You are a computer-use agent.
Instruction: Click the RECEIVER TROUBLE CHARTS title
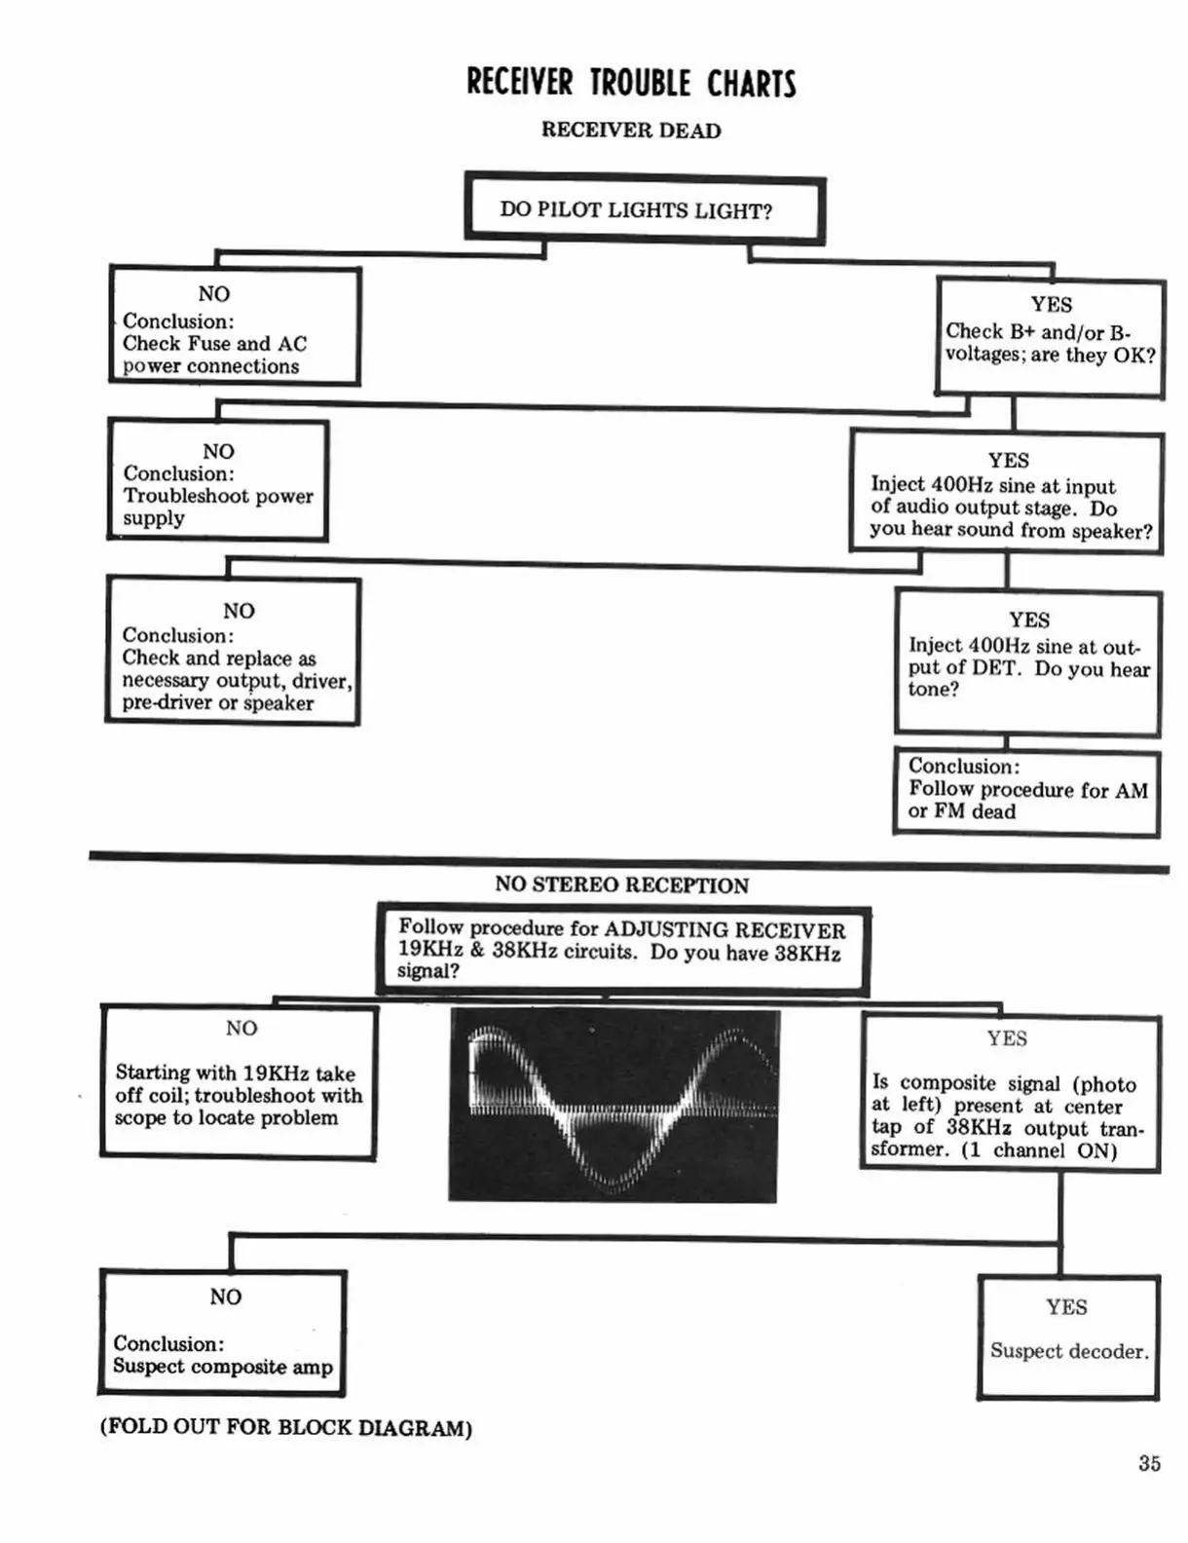click(x=631, y=83)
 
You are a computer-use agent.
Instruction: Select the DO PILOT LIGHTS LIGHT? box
click(x=645, y=208)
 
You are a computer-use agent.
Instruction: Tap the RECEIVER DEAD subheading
click(x=631, y=131)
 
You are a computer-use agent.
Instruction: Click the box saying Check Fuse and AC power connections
click(x=235, y=326)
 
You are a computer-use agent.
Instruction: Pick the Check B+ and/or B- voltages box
click(x=1050, y=337)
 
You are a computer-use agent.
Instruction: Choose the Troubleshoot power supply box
click(x=218, y=480)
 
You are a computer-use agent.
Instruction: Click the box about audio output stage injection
click(x=1006, y=492)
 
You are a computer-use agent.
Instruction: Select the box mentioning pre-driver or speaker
click(x=233, y=652)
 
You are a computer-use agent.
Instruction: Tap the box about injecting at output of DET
click(x=1027, y=661)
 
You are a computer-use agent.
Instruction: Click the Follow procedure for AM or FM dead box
click(x=1026, y=792)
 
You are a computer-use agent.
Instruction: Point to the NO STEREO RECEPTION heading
click(x=621, y=884)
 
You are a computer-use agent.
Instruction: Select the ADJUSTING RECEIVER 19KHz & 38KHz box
click(x=623, y=950)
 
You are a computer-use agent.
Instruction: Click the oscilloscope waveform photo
click(x=613, y=1106)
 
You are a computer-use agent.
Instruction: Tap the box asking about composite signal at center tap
click(x=1010, y=1094)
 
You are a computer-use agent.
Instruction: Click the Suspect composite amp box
click(x=223, y=1333)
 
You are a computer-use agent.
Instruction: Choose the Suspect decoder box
click(x=1068, y=1337)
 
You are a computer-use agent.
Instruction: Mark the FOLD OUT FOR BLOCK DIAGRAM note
click(x=285, y=1427)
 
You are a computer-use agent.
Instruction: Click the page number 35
click(x=1149, y=1463)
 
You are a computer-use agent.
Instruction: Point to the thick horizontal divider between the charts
click(x=628, y=862)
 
